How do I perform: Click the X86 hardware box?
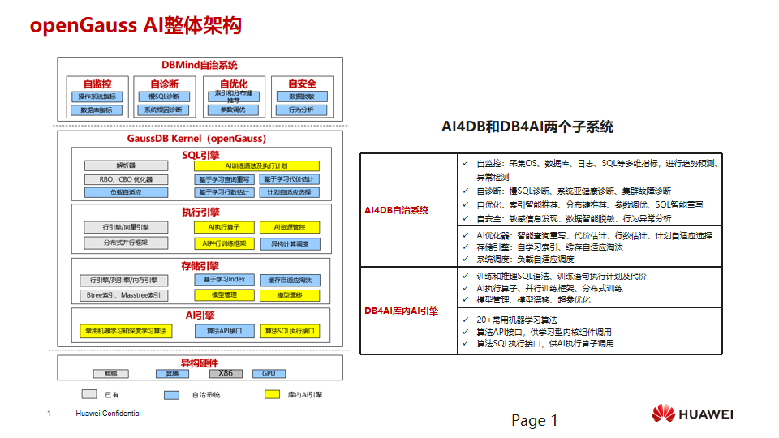click(x=225, y=374)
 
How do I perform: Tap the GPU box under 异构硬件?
click(x=268, y=374)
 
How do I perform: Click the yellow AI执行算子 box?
click(x=223, y=227)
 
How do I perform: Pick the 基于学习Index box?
click(x=223, y=280)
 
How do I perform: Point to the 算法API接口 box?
click(x=223, y=331)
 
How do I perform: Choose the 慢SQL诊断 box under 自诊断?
click(x=164, y=97)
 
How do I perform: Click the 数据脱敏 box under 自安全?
click(x=301, y=97)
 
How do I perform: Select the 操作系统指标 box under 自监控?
click(x=97, y=97)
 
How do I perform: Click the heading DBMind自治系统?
click(x=200, y=65)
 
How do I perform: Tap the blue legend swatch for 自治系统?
click(x=171, y=395)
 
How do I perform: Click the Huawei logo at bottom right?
click(x=692, y=414)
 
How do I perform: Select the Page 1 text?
click(x=534, y=420)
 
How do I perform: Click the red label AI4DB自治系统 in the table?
click(x=397, y=210)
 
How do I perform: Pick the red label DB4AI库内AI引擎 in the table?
click(x=402, y=311)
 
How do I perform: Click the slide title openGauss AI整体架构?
click(x=136, y=25)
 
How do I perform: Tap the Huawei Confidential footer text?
click(x=108, y=414)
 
